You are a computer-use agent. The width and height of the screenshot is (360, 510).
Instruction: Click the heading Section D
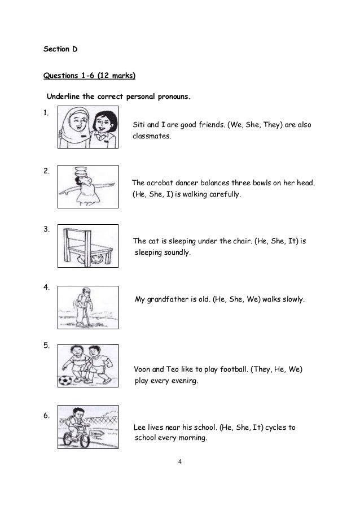60,49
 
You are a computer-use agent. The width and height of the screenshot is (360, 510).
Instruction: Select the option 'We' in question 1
236,125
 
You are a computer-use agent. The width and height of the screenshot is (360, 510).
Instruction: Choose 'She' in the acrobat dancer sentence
156,194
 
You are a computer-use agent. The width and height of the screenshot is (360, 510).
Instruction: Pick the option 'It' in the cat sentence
292,241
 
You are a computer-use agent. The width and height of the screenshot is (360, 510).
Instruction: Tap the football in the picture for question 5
65,381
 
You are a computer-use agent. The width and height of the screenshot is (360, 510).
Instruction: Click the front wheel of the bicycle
85,440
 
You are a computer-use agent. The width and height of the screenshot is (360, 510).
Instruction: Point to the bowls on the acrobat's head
81,171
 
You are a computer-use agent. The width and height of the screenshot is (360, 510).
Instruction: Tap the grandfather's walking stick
87,314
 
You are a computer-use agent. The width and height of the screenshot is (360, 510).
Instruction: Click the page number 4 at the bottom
180,461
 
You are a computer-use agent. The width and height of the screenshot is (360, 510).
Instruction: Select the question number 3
46,229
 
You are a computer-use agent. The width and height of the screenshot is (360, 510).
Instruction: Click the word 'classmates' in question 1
152,136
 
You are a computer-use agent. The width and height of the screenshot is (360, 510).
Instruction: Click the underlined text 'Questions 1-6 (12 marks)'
89,76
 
